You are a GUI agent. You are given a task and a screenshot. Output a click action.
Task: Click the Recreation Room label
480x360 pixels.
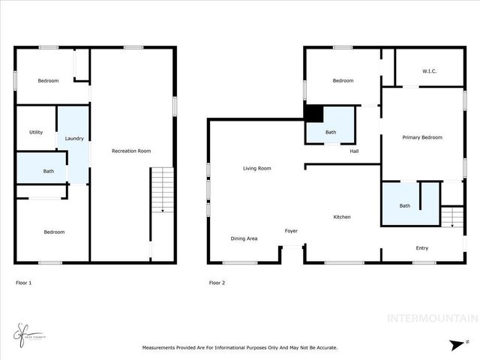click(x=131, y=151)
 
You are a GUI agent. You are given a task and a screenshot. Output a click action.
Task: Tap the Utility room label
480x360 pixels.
click(x=36, y=132)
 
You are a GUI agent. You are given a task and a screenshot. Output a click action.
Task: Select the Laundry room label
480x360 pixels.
click(x=74, y=139)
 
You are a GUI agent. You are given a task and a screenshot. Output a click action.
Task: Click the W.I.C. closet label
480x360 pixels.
click(x=430, y=72)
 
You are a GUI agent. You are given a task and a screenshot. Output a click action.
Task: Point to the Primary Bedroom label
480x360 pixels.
click(x=422, y=137)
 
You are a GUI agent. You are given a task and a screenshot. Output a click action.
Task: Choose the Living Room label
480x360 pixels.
click(x=256, y=169)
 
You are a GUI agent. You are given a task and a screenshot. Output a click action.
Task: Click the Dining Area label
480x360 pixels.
click(x=244, y=238)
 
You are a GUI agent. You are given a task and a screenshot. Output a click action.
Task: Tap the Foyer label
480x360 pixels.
click(x=292, y=231)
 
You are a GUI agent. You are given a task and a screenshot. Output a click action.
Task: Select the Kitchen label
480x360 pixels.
click(x=342, y=217)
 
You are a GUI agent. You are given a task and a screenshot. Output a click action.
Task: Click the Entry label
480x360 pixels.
click(x=423, y=248)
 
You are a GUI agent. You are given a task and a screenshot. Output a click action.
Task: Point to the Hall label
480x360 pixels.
click(x=354, y=151)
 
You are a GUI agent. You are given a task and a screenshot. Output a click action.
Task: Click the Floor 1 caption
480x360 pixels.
click(x=24, y=283)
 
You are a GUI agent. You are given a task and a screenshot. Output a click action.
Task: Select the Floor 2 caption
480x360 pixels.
click(x=217, y=283)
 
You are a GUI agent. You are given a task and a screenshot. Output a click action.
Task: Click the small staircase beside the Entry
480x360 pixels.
click(x=451, y=217)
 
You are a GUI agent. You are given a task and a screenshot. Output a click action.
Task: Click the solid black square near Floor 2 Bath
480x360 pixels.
click(x=313, y=112)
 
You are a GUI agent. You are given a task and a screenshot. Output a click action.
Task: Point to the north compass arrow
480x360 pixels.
click(x=457, y=345)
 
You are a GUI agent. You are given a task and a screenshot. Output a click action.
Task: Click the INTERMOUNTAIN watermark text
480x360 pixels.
click(x=431, y=319)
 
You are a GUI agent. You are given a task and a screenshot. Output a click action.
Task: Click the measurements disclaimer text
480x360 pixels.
click(x=240, y=347)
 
